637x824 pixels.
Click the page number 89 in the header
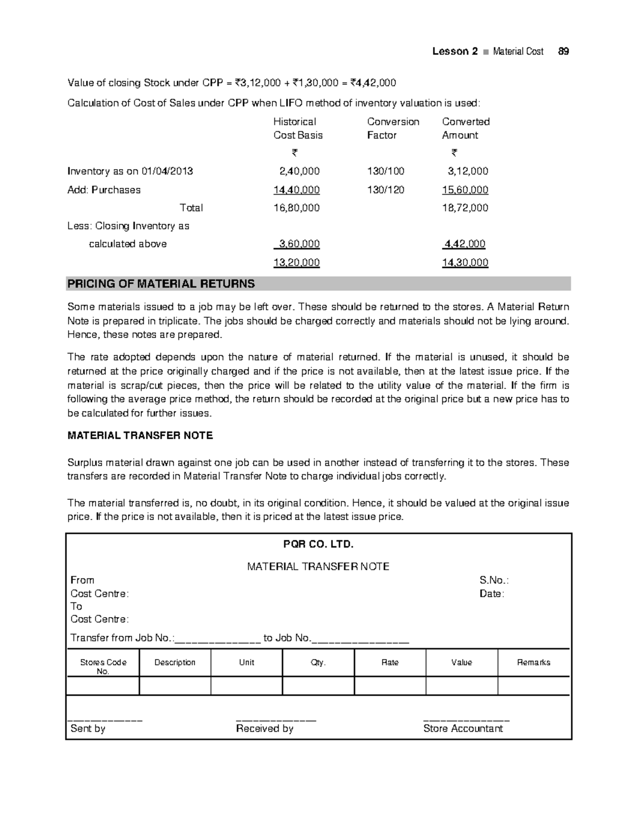click(x=563, y=51)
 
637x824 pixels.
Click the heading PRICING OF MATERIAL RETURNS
click(x=161, y=284)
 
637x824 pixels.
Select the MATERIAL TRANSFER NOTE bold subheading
click(x=140, y=436)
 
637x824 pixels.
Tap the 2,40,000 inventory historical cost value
click(x=299, y=171)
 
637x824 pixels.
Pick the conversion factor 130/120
click(x=385, y=190)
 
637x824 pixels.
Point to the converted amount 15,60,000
click(x=465, y=190)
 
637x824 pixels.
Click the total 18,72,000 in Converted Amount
click(x=465, y=208)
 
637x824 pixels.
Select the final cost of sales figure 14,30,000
click(x=465, y=263)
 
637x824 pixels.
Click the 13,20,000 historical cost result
click(x=296, y=263)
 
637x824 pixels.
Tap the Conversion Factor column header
click(x=393, y=128)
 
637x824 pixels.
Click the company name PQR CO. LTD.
click(x=318, y=544)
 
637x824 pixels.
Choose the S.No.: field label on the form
click(x=494, y=580)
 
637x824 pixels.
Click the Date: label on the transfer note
click(x=492, y=594)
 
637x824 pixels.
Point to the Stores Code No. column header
click(x=103, y=666)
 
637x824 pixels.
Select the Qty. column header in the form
click(x=318, y=663)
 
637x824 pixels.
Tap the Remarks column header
click(x=533, y=663)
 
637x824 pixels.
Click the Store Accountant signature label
click(x=463, y=729)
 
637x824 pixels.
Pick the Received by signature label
click(x=264, y=729)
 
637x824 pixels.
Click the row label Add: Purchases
click(x=104, y=190)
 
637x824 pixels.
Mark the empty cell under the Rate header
click(x=390, y=686)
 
